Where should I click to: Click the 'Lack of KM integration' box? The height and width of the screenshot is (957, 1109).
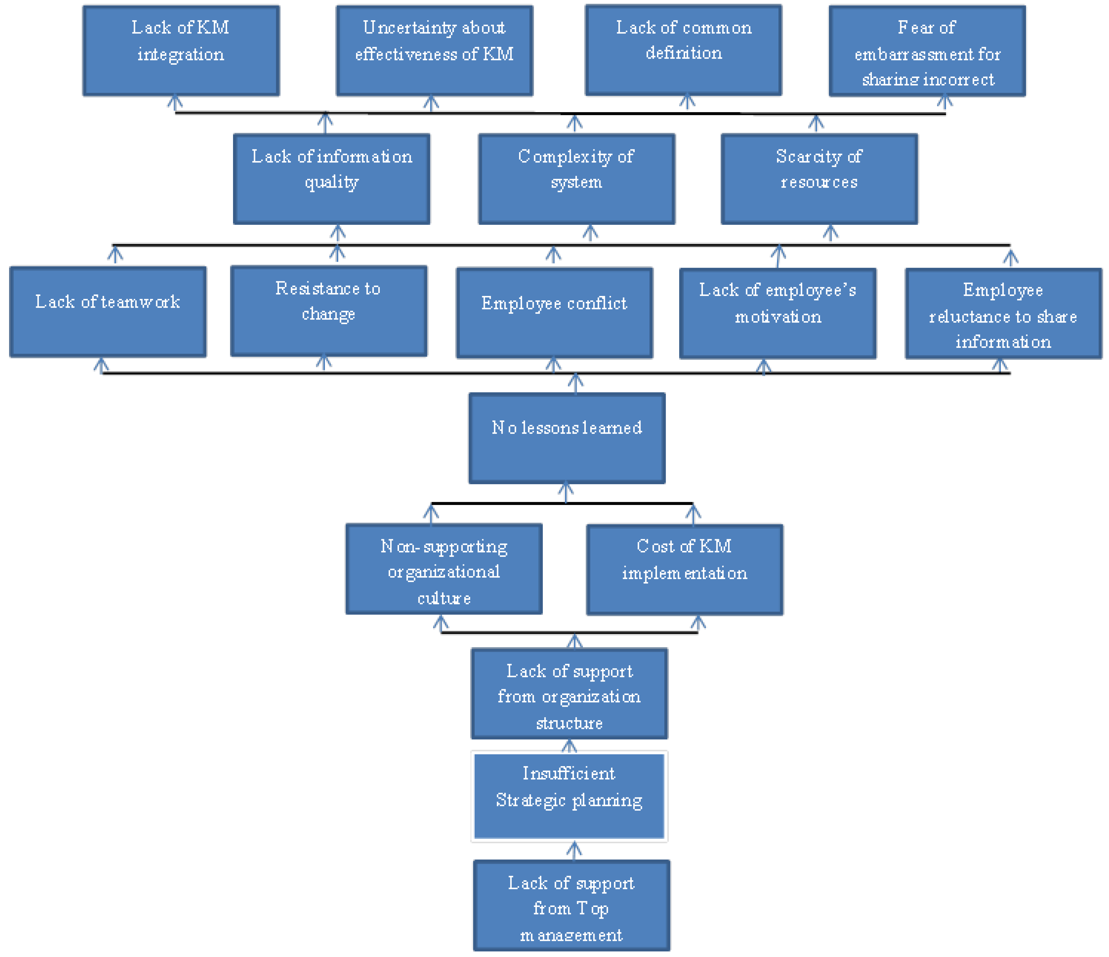[x=181, y=51]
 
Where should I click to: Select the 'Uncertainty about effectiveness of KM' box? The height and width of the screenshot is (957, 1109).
[x=434, y=51]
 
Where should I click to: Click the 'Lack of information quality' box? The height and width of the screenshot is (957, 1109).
[x=331, y=179]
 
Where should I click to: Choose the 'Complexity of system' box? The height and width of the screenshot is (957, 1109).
[x=576, y=179]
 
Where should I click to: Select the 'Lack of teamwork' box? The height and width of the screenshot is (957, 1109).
[x=107, y=311]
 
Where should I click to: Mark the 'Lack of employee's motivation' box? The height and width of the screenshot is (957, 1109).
[x=778, y=313]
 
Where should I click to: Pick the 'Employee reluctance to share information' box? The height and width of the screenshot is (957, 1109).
[x=1003, y=314]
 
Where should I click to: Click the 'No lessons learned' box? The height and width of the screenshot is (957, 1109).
[x=567, y=438]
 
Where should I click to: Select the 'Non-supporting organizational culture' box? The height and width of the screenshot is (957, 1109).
[x=444, y=569]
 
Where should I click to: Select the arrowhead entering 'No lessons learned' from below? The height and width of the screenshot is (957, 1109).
[x=566, y=490]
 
